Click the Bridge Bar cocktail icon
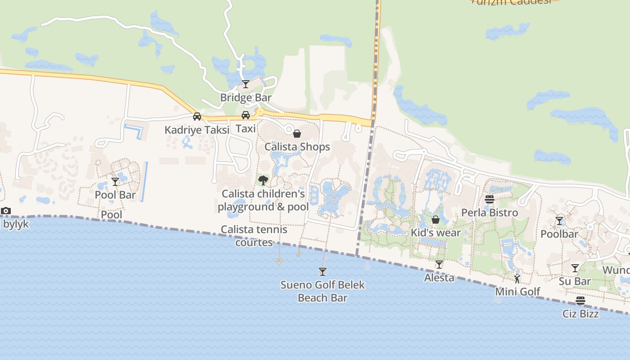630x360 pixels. [246, 84]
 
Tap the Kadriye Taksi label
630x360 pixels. [197, 130]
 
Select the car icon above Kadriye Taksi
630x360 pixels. [197, 117]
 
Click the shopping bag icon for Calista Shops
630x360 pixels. [297, 134]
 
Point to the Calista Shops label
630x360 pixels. [297, 147]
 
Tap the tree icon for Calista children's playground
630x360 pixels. [263, 181]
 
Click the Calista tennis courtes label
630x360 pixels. [254, 236]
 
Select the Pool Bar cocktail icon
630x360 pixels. [115, 181]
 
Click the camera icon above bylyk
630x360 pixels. [6, 211]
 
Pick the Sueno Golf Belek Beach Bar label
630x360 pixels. [323, 291]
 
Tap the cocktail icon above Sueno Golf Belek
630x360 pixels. [322, 271]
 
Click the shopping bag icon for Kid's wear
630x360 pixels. [436, 220]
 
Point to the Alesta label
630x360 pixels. [439, 278]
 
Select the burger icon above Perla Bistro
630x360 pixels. [490, 199]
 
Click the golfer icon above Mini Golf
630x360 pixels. [517, 279]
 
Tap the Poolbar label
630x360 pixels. [559, 234]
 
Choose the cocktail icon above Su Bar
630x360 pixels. [575, 268]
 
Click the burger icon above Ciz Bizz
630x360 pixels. [580, 301]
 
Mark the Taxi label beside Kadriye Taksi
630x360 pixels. [246, 129]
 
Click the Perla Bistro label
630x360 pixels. [490, 212]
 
